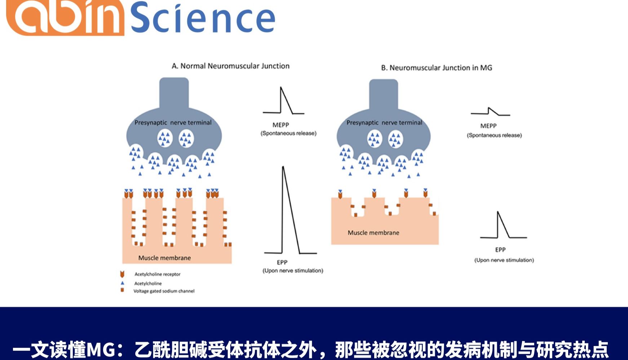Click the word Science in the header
(203, 18)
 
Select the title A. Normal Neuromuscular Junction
(230, 66)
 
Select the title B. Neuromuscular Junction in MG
(436, 68)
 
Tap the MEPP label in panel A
(280, 125)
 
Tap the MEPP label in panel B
(488, 126)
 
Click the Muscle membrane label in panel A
(164, 258)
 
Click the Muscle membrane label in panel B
(373, 233)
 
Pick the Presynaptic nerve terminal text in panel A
(173, 123)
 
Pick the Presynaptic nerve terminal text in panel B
(384, 123)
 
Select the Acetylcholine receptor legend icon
(122, 274)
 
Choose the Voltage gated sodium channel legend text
(164, 291)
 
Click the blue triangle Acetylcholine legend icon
(122, 283)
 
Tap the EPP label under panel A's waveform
(282, 262)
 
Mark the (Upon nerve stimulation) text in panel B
(504, 260)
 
